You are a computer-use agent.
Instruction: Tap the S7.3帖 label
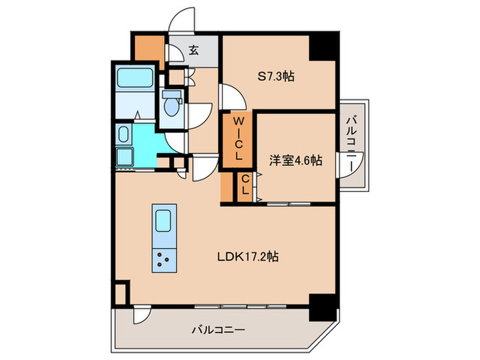click(x=277, y=77)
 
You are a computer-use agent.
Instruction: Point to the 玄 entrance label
click(x=194, y=50)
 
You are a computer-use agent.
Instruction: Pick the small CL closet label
click(x=244, y=186)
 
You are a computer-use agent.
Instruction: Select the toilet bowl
click(x=171, y=106)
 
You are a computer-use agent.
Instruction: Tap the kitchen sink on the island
click(x=163, y=221)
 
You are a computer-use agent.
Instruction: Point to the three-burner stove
click(x=163, y=260)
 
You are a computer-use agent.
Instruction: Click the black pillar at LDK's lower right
click(x=323, y=304)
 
